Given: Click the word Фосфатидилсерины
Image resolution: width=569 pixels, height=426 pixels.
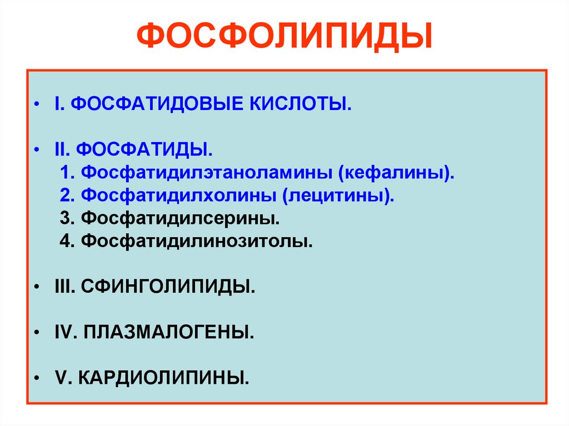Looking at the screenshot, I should point(180,219).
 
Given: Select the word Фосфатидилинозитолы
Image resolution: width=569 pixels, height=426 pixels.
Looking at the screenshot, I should point(197,242).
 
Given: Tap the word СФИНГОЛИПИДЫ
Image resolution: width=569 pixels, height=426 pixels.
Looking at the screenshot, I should point(168,288).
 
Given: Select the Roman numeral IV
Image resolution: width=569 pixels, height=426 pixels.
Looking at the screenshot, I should point(63,333).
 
